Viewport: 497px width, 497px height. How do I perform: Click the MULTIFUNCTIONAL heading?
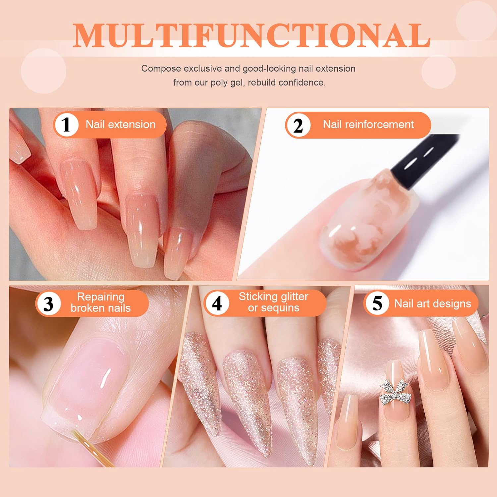(251, 35)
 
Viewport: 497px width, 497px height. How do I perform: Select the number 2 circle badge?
(298, 125)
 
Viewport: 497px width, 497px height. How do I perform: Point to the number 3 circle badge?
(48, 304)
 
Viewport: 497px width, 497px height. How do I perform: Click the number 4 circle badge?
(217, 303)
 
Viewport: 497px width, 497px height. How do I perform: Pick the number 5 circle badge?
(377, 304)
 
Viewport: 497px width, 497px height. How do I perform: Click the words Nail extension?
(121, 125)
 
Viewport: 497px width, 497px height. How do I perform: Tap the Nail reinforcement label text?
(368, 125)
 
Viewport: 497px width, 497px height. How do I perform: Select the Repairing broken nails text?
(101, 302)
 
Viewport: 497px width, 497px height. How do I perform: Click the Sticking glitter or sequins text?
(273, 302)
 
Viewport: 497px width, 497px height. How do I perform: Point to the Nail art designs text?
(433, 304)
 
